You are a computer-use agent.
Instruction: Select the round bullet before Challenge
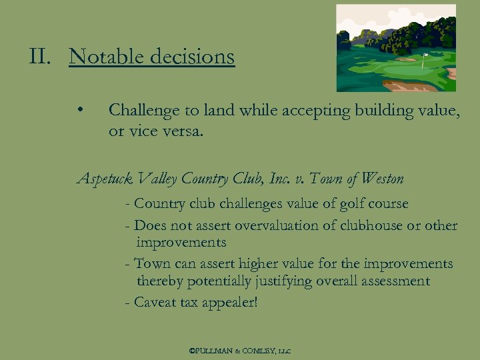[79, 110]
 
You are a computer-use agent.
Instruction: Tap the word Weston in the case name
[381, 179]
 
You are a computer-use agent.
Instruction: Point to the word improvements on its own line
[181, 243]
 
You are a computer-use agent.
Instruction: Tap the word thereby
[160, 281]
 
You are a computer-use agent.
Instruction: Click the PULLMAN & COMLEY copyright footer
[241, 350]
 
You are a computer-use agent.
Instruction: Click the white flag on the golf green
[425, 56]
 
